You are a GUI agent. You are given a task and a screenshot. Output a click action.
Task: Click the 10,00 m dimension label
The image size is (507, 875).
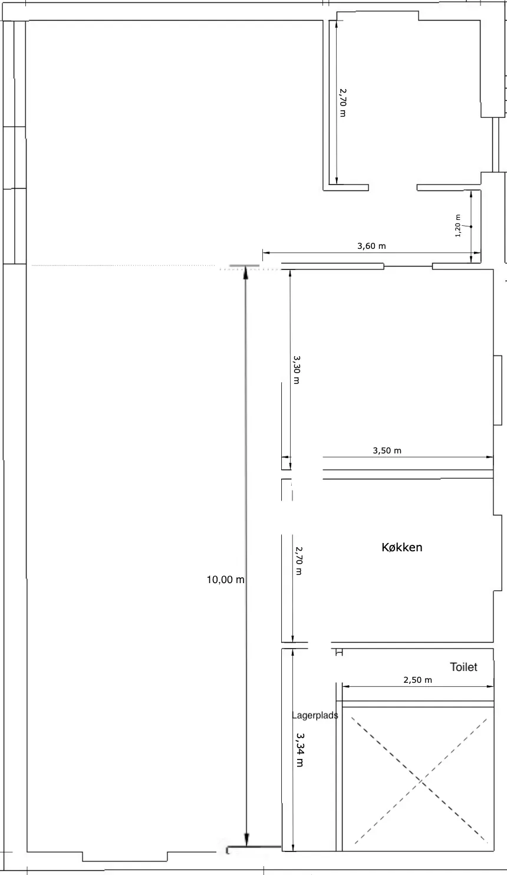point(225,580)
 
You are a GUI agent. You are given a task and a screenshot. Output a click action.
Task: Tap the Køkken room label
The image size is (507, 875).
point(402,547)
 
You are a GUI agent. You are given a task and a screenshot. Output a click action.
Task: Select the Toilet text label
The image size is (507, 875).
point(463,667)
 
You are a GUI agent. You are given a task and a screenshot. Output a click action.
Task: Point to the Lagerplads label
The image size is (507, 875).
point(315,716)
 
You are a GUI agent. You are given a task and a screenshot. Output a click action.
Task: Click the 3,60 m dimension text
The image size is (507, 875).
point(371,246)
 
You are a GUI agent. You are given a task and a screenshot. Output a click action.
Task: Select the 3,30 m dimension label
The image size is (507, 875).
point(296,369)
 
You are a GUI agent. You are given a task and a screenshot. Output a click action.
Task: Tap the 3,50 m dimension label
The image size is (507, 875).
point(387,450)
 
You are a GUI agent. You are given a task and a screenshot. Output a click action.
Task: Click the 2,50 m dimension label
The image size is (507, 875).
point(417,680)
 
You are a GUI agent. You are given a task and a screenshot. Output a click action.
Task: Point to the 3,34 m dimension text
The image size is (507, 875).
point(300,749)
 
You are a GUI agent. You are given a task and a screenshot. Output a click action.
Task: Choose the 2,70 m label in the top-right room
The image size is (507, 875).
point(343,103)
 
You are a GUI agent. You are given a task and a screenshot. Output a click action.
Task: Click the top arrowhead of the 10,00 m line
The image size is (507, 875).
point(246,273)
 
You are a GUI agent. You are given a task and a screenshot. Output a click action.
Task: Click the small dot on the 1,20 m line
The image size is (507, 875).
point(471,226)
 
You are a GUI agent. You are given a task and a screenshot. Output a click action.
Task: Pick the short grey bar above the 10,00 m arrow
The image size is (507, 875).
point(244,267)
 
